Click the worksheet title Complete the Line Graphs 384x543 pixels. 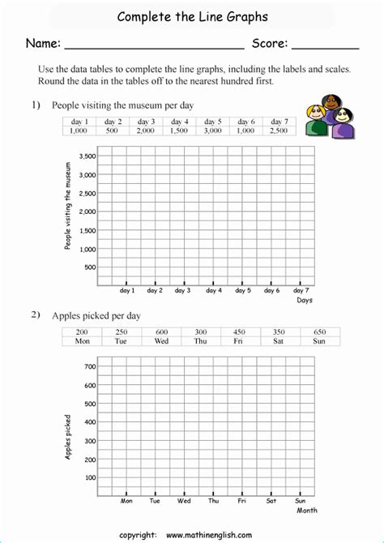pyautogui.click(x=191, y=16)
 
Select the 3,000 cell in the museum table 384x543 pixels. pyautogui.click(x=213, y=130)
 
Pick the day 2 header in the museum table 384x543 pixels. pyautogui.click(x=113, y=121)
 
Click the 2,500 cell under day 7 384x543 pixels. pyautogui.click(x=279, y=130)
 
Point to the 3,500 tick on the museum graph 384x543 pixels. pyautogui.click(x=86, y=156)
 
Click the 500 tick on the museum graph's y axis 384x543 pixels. pyautogui.click(x=89, y=267)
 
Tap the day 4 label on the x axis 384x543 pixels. pyautogui.click(x=213, y=290)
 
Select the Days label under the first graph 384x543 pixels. pyautogui.click(x=304, y=300)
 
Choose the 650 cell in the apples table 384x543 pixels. pyautogui.click(x=319, y=331)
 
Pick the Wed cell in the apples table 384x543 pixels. pyautogui.click(x=161, y=341)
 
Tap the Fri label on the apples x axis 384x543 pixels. pyautogui.click(x=241, y=501)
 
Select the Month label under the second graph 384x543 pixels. pyautogui.click(x=306, y=511)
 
